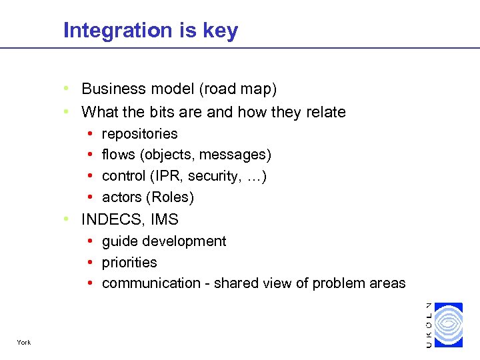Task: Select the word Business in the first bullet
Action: coord(112,89)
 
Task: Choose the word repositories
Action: coord(139,134)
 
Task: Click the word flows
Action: coord(118,155)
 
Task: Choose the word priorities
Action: coord(129,263)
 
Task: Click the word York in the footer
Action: coord(24,343)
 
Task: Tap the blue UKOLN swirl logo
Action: coord(447,325)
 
